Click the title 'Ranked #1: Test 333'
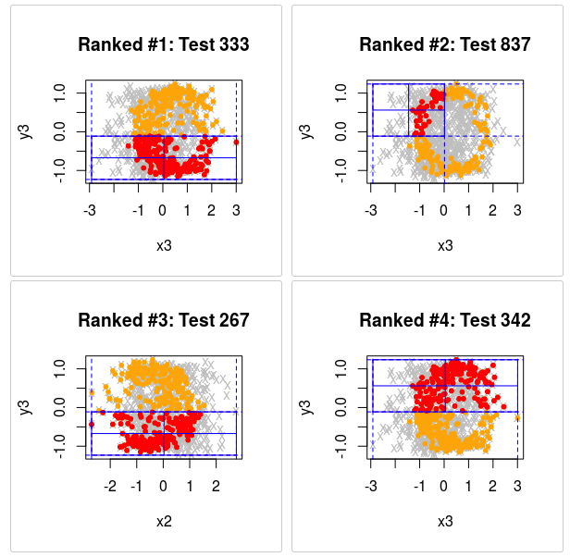164,44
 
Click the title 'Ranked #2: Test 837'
445,44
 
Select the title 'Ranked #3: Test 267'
164,321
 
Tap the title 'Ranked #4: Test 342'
445,321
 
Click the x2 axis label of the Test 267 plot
164,521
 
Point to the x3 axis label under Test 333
164,245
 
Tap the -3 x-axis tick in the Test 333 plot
90,209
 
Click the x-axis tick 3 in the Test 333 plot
236,209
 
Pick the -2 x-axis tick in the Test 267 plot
110,486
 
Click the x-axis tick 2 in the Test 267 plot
217,486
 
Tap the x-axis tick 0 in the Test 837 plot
444,209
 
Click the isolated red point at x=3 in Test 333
236,142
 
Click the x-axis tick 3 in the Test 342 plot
517,486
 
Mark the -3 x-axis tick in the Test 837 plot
371,209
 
